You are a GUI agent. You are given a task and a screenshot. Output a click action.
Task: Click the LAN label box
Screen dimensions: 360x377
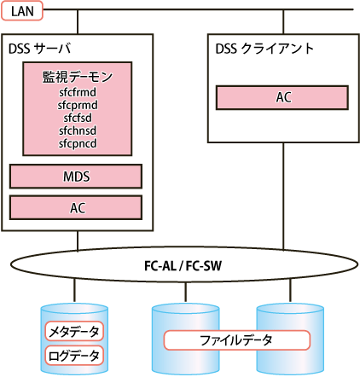point(22,11)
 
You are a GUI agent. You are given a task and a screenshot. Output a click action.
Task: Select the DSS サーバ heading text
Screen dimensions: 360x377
point(39,49)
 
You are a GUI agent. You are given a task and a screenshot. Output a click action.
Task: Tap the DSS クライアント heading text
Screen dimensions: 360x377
point(264,49)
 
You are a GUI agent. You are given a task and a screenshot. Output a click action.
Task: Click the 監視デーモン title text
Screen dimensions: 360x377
point(78,77)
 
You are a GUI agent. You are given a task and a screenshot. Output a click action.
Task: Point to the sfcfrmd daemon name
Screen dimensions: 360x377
point(78,92)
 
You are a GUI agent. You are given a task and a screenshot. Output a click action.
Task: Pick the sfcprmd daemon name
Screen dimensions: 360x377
point(78,105)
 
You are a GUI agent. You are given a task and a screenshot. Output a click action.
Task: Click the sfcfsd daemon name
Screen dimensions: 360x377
point(78,118)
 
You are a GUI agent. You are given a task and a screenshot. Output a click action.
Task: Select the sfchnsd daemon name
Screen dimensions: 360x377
point(78,130)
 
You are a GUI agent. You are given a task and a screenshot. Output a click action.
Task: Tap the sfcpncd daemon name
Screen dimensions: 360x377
point(78,143)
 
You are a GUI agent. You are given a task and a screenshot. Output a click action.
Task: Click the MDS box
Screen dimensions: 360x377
point(76,177)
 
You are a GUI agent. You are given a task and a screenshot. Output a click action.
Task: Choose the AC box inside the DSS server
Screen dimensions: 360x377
point(76,207)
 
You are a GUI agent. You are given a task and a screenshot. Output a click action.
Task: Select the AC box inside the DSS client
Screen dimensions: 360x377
point(282,97)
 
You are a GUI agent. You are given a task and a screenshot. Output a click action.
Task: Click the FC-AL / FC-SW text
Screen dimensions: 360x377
point(183,266)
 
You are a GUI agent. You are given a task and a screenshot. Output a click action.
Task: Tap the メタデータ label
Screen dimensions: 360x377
point(74,331)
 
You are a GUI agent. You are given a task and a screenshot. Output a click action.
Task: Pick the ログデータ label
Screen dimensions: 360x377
point(74,356)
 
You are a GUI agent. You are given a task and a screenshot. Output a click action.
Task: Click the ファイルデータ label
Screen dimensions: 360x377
point(236,340)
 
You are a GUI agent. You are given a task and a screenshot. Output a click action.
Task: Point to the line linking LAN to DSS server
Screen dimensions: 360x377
point(78,22)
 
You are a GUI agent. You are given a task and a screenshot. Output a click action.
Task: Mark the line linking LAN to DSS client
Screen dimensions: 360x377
point(283,22)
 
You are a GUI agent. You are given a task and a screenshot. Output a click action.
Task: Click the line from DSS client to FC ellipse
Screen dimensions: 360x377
point(283,197)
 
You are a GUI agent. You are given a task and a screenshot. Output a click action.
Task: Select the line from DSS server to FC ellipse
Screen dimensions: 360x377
point(78,241)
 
